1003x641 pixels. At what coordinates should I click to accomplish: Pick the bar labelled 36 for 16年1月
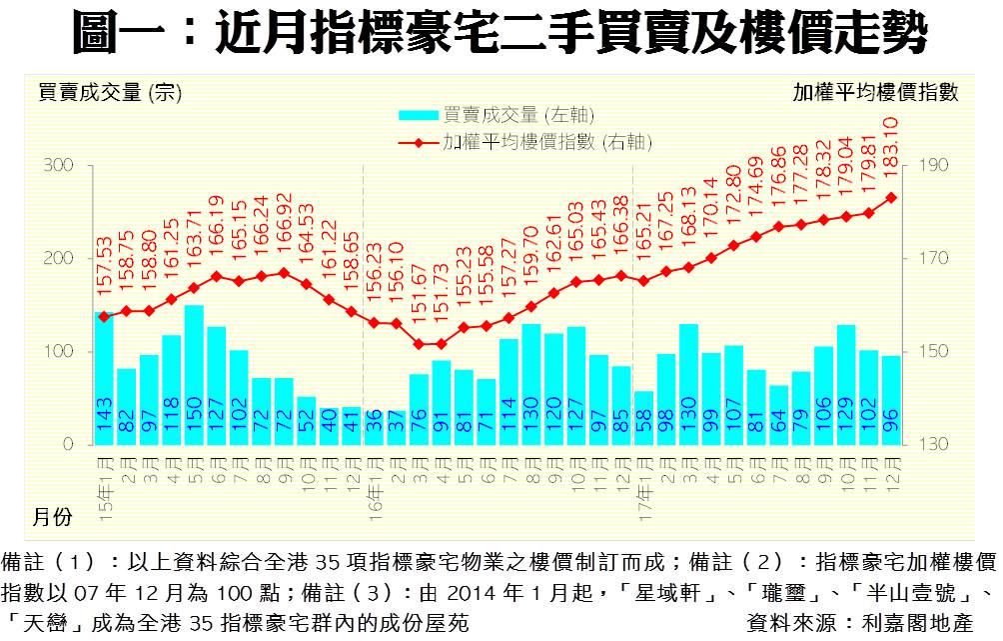tap(373, 427)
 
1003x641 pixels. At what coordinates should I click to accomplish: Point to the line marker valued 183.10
tap(891, 197)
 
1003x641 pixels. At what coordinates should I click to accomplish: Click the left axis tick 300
tap(56, 165)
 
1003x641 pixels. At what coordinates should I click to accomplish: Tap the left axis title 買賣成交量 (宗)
tap(108, 92)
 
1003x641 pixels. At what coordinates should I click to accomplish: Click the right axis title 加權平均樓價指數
tap(875, 92)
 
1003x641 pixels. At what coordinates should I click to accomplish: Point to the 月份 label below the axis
tap(52, 516)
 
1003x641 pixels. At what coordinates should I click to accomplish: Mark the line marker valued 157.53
tap(104, 317)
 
